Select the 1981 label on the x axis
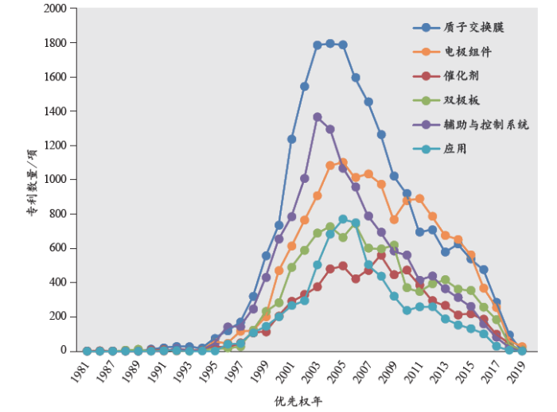(81, 367)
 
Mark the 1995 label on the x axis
(208, 367)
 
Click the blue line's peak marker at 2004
(330, 44)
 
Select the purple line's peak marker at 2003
(317, 117)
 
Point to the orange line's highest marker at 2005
(343, 162)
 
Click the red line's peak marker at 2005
(343, 266)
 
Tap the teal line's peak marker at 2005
(343, 219)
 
